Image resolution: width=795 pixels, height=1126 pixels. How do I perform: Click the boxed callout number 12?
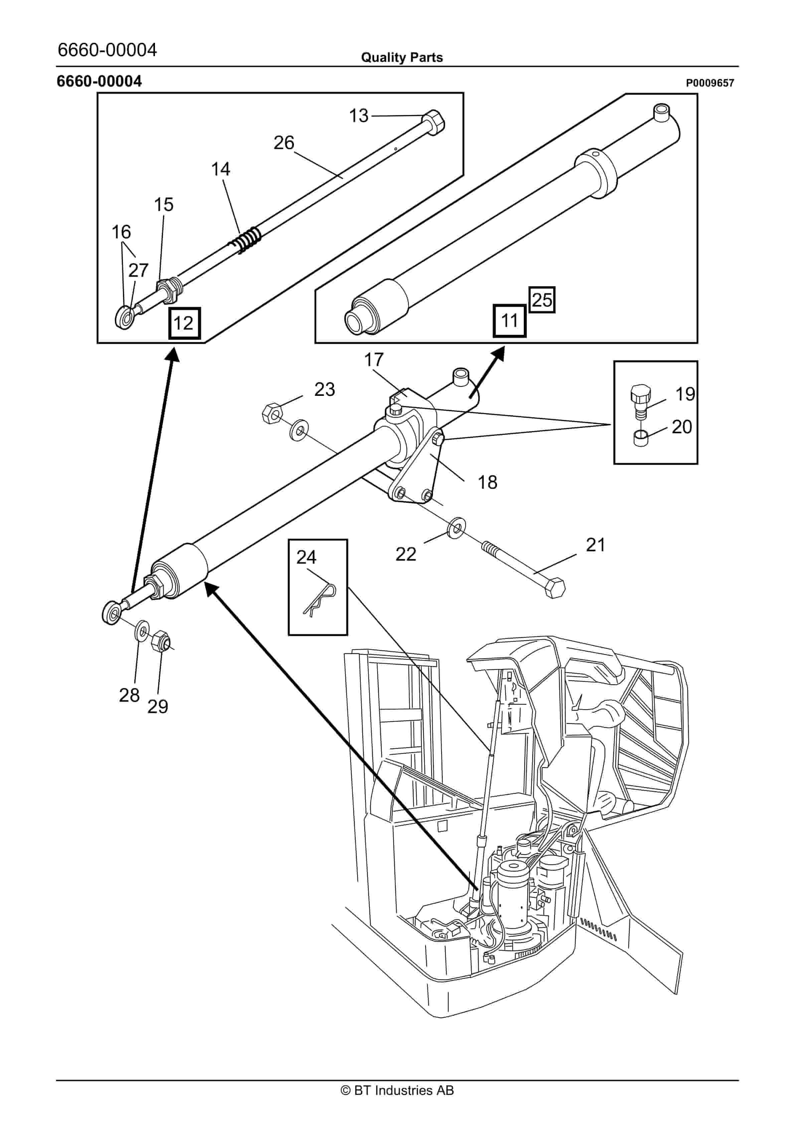tap(184, 323)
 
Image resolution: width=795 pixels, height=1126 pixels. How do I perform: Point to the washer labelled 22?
tap(456, 526)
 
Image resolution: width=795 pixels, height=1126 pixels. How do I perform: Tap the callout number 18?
tap(487, 482)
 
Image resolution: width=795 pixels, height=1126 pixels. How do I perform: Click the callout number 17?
tap(373, 360)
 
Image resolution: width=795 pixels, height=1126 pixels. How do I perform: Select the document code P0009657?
tap(710, 83)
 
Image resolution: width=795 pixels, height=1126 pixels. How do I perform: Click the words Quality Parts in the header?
tap(402, 58)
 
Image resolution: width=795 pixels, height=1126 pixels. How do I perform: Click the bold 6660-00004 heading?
tap(100, 82)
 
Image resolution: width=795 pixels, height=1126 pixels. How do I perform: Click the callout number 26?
tap(284, 143)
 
